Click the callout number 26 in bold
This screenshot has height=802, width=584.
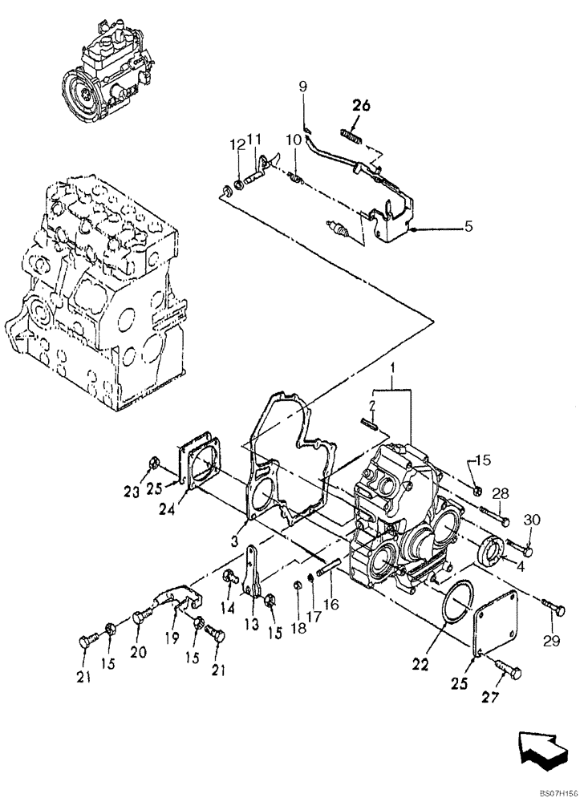point(361,104)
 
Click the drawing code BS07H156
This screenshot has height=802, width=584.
point(558,791)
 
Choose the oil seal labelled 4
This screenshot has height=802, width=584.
point(489,552)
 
